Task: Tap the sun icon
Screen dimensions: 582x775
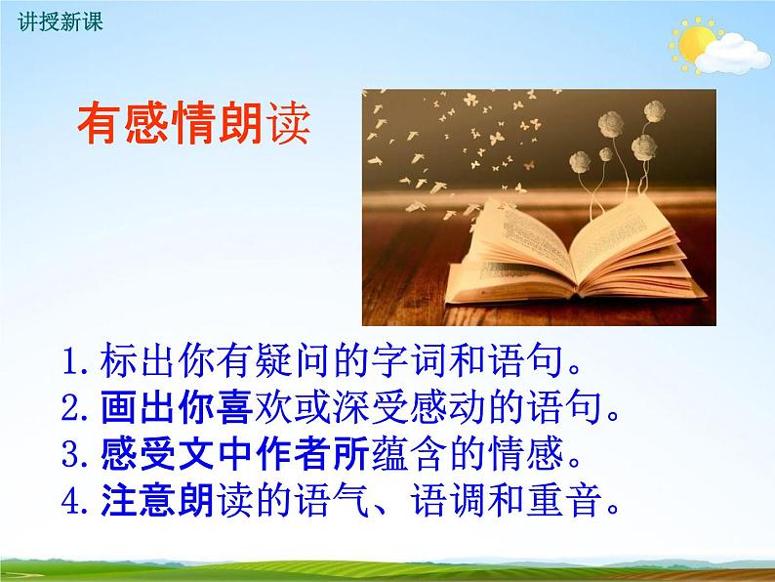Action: click(x=694, y=41)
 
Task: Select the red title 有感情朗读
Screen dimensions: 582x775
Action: click(x=193, y=126)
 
